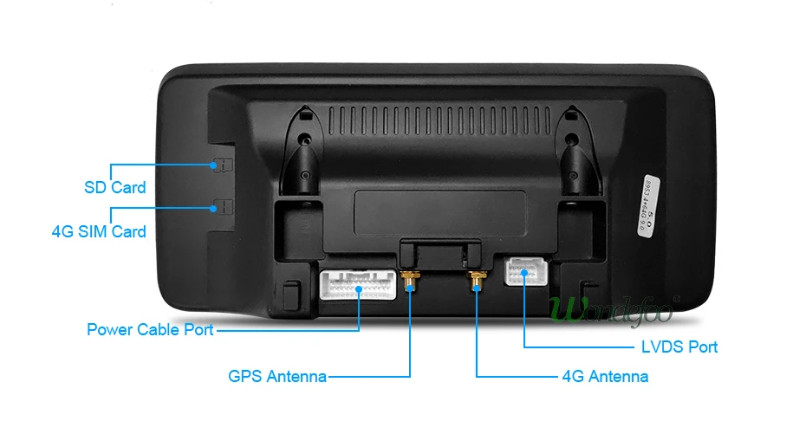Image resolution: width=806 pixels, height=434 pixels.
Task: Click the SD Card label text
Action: [x=114, y=187]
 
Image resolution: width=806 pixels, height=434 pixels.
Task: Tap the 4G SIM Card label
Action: [x=99, y=231]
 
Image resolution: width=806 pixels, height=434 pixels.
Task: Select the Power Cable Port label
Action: [x=150, y=329]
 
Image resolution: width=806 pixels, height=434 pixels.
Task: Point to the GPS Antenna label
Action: [x=277, y=376]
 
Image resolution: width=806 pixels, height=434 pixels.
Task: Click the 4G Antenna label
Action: [x=605, y=376]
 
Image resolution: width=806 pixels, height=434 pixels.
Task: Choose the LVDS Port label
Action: [x=679, y=347]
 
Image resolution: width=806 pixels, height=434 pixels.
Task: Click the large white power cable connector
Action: [x=358, y=283]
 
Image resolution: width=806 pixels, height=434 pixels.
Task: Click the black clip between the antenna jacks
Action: [x=442, y=256]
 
